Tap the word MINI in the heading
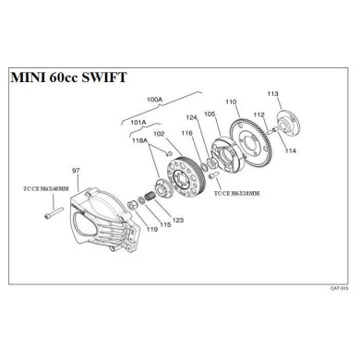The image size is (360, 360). click(28, 78)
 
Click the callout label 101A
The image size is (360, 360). click(138, 121)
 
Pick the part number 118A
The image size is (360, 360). click(140, 141)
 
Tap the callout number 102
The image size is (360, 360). click(159, 134)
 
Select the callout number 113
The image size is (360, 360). click(273, 94)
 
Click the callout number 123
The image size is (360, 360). click(178, 220)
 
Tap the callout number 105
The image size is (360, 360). click(210, 114)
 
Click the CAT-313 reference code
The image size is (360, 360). click(339, 287)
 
